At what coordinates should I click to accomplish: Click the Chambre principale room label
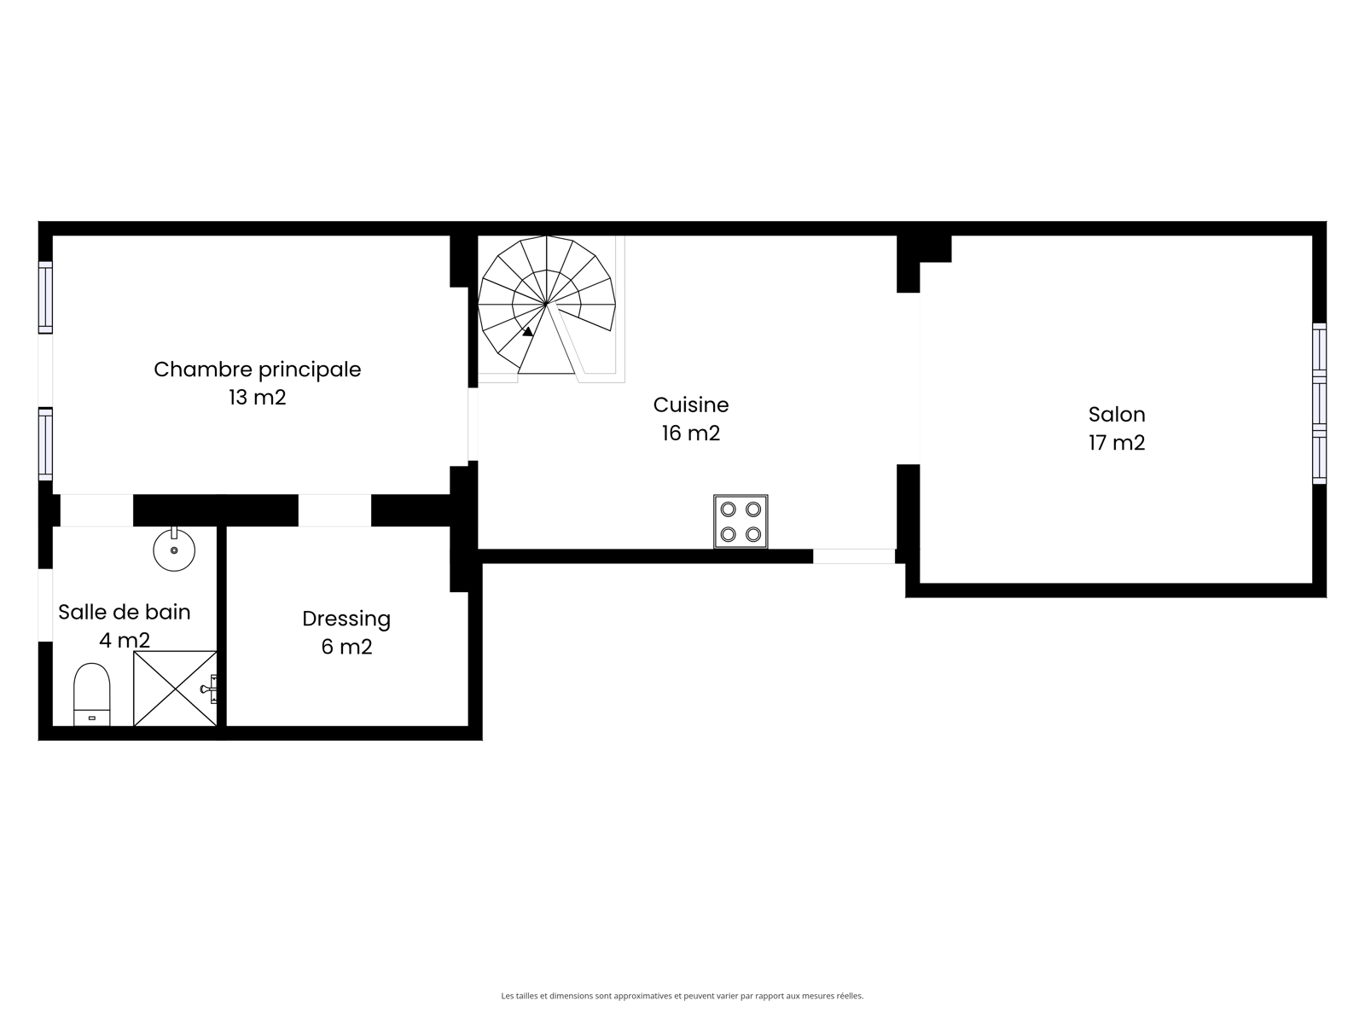point(257,370)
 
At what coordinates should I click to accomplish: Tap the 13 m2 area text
point(257,398)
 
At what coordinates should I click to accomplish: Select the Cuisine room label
point(690,404)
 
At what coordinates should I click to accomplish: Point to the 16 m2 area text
point(690,433)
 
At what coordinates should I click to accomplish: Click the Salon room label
point(1116,415)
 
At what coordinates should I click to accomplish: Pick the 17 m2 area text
point(1116,443)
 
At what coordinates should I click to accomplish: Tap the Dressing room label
point(346,620)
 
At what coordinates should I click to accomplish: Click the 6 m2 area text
point(346,647)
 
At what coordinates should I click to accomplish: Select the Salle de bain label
point(125,613)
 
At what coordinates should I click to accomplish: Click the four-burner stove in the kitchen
point(740,521)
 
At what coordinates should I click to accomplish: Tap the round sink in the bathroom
point(174,549)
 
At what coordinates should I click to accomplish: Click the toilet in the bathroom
point(92,695)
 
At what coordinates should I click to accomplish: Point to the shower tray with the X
point(176,689)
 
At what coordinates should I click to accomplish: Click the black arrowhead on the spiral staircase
point(528,332)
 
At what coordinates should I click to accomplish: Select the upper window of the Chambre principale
point(45,298)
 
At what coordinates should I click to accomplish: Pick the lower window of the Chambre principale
point(45,444)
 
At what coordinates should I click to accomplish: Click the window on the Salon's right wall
point(1319,404)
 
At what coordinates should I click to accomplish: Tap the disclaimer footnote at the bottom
point(682,995)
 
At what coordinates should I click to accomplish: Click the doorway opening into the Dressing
point(334,510)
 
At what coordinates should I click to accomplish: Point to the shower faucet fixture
point(209,689)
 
